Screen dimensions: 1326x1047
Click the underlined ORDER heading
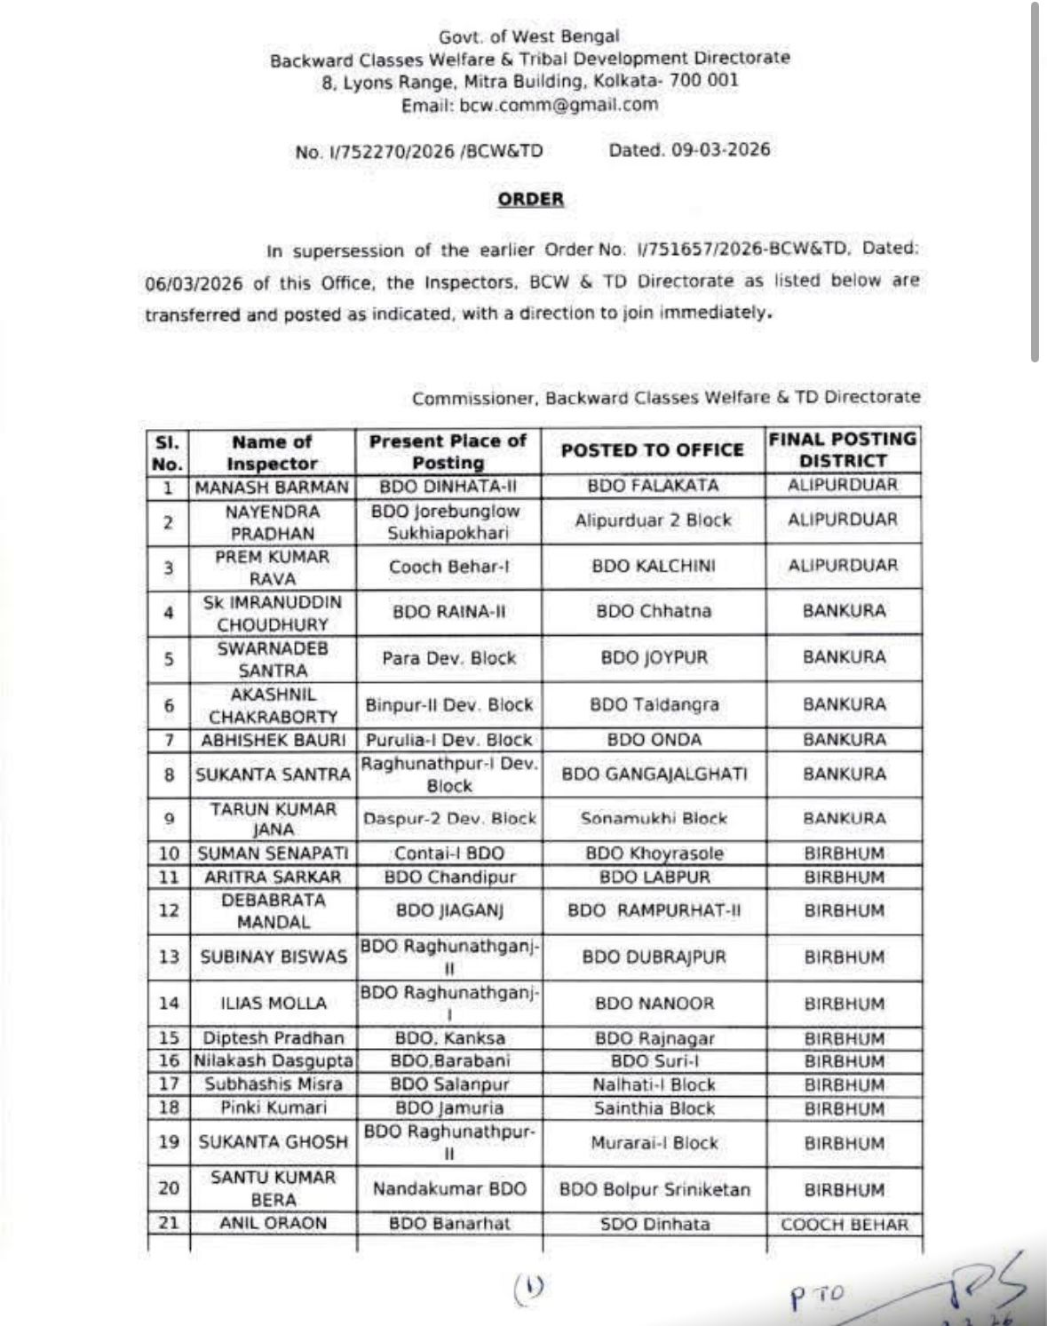(530, 199)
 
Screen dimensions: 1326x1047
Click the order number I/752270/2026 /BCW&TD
(418, 151)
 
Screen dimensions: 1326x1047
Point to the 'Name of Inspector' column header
(272, 452)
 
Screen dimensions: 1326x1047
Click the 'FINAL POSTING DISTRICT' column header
(843, 449)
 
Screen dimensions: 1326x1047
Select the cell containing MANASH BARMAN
(272, 487)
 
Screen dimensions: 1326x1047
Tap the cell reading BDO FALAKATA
(653, 486)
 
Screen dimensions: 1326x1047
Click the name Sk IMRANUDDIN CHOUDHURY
(272, 613)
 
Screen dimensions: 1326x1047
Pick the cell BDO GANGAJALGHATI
(654, 774)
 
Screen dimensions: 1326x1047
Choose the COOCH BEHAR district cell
(844, 1225)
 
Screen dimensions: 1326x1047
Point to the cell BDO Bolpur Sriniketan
(654, 1189)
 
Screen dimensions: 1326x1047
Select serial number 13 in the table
(169, 957)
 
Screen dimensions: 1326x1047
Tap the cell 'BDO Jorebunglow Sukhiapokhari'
(448, 521)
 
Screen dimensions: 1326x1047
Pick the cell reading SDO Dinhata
(653, 1224)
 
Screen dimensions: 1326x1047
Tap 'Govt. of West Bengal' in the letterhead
(529, 36)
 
